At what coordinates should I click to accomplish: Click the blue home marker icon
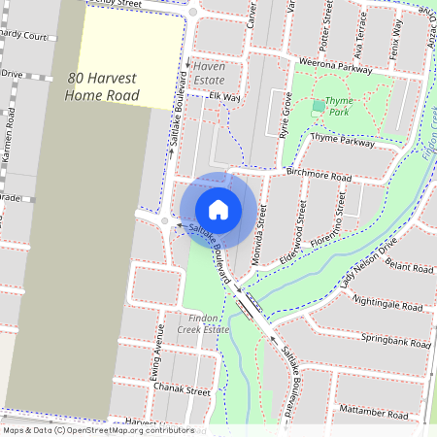pyautogui.click(x=218, y=210)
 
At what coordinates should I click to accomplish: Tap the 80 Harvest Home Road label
pyautogui.click(x=103, y=86)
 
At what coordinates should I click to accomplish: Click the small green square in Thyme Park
pyautogui.click(x=319, y=105)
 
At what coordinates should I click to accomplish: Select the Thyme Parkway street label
pyautogui.click(x=342, y=142)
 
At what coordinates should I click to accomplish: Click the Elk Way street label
pyautogui.click(x=223, y=97)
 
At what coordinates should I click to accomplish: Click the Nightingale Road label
pyautogui.click(x=388, y=305)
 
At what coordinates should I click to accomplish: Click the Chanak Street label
pyautogui.click(x=182, y=390)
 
